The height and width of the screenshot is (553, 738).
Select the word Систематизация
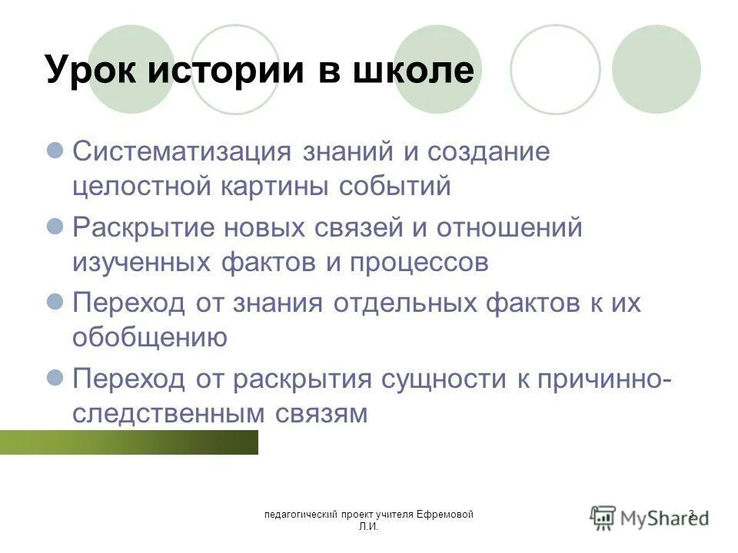pos(181,152)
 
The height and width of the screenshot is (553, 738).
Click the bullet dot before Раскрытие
pos(55,226)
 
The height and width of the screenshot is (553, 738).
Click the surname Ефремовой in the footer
pos(447,514)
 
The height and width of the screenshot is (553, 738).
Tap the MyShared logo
pos(650,517)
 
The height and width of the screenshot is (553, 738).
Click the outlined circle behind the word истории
pos(234,69)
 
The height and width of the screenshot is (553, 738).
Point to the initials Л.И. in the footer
pos(367,527)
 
